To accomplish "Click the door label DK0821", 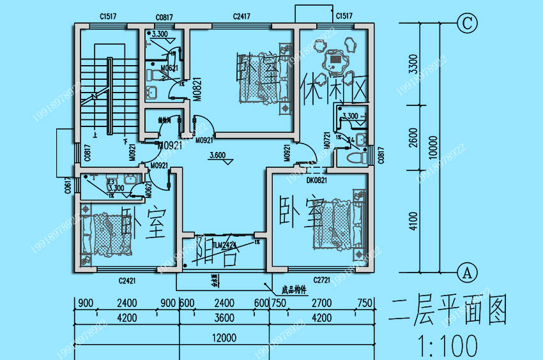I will point(317,181).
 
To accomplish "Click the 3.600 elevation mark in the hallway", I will point(218,155).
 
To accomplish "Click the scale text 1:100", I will point(441,345).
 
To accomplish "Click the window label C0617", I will point(68,186).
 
